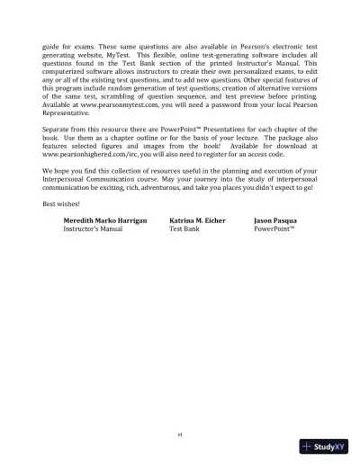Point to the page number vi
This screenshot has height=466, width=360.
[180, 435]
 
